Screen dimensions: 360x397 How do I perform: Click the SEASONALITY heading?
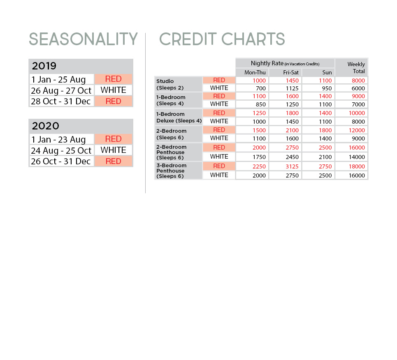point(83,39)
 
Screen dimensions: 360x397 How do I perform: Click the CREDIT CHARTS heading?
point(222,39)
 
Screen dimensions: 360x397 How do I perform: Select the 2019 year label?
point(44,66)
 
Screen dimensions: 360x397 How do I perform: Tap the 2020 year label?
point(45,126)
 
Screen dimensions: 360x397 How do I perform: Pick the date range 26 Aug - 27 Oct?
point(61,90)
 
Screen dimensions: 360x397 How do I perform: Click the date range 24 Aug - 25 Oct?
point(61,150)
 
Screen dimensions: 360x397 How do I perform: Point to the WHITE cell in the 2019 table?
point(113,90)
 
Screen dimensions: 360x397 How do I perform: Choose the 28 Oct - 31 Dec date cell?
point(61,102)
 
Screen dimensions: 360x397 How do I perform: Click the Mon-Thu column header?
point(255,73)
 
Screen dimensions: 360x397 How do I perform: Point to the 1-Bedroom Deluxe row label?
point(179,117)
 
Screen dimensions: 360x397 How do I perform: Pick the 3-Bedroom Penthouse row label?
point(171,171)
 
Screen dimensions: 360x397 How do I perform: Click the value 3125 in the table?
point(292,166)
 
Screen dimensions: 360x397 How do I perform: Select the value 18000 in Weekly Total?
point(357,166)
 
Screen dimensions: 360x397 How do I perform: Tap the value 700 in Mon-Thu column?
point(260,88)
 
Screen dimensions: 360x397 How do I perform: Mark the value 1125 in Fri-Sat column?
point(292,88)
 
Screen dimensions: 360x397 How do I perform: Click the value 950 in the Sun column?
point(327,88)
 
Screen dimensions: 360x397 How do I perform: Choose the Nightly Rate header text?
point(285,63)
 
